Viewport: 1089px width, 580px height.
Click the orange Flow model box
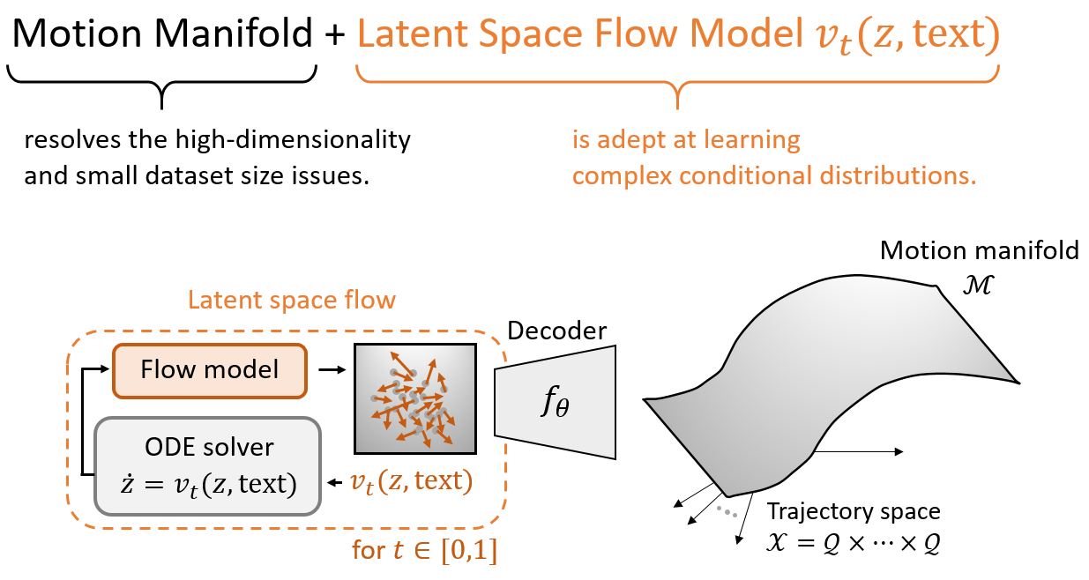tap(210, 371)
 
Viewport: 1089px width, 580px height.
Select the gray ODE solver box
tap(207, 466)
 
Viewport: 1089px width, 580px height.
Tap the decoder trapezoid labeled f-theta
tap(556, 403)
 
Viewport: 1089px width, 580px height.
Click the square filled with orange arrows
tap(415, 398)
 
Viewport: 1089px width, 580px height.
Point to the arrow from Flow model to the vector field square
tap(332, 370)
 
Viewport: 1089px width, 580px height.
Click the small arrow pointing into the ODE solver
tap(335, 483)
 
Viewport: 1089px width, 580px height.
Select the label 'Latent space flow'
tap(292, 300)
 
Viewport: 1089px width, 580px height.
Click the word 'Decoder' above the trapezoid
tap(556, 331)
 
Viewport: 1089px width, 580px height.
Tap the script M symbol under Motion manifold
tap(978, 285)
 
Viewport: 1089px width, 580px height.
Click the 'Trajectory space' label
tap(854, 512)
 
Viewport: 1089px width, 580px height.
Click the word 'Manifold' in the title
tap(234, 33)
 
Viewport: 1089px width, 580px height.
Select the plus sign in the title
tap(335, 35)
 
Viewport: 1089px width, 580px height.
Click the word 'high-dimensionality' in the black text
tap(293, 140)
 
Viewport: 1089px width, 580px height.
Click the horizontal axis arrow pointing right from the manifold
tap(859, 451)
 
